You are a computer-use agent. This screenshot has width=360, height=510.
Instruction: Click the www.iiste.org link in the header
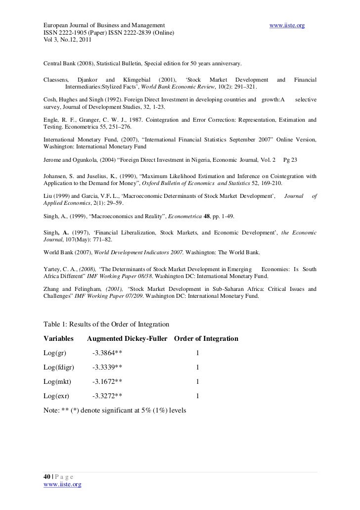click(x=286, y=25)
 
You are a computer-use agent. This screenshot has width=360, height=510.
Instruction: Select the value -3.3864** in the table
click(x=107, y=353)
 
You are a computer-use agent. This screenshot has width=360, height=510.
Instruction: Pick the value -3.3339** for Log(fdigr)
click(x=107, y=368)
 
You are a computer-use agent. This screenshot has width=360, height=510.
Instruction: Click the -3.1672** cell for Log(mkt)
click(x=107, y=382)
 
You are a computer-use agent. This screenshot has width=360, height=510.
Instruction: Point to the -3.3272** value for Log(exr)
click(x=107, y=396)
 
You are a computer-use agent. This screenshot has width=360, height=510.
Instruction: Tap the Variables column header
click(x=58, y=339)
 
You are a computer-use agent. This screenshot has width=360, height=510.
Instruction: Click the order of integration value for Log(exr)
click(x=198, y=396)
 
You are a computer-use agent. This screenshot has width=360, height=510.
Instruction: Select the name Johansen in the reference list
click(x=57, y=176)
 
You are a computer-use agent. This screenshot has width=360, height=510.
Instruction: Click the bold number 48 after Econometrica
click(x=207, y=217)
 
